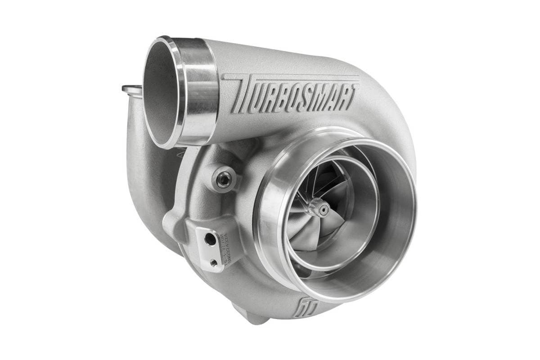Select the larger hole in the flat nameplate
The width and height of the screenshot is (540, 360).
(210, 240)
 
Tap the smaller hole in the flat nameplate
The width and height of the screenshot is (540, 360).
(213, 261)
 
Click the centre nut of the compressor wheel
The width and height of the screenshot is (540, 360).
(322, 208)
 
